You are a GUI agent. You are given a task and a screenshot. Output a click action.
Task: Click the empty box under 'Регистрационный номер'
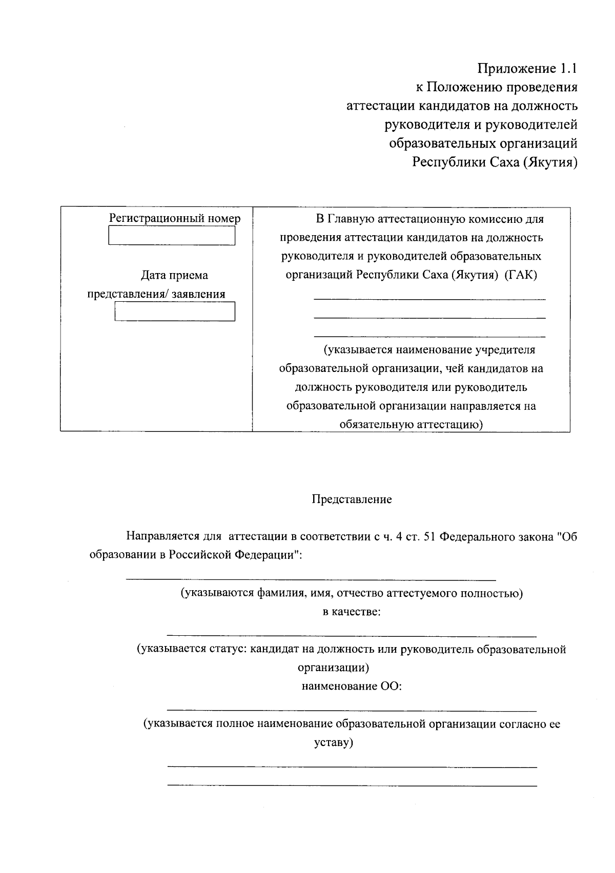pos(172,236)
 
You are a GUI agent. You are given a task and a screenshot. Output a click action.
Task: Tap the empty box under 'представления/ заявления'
pos(175,311)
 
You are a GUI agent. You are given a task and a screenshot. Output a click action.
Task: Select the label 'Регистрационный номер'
pos(175,219)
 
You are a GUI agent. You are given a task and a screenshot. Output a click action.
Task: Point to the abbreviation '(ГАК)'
pos(521,275)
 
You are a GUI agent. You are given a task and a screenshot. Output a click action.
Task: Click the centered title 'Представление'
pos(352,500)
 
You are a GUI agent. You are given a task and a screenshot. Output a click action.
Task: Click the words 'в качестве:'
pos(352,612)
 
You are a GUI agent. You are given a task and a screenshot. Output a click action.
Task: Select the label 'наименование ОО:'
pos(352,687)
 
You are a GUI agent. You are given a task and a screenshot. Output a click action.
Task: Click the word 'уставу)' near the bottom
pos(334,742)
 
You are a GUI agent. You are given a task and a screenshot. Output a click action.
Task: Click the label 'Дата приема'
pos(175,276)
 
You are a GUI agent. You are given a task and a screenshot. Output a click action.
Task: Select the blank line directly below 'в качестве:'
pos(352,636)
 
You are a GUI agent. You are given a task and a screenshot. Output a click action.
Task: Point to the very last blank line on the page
pos(352,785)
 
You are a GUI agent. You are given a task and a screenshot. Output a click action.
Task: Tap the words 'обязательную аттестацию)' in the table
pos(411,425)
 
